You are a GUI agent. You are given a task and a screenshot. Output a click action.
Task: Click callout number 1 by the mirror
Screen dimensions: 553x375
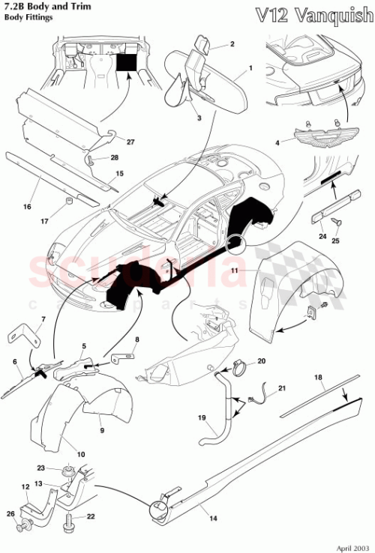pyautogui.click(x=250, y=68)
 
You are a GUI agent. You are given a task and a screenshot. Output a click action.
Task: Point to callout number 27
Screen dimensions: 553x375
pyautogui.click(x=130, y=142)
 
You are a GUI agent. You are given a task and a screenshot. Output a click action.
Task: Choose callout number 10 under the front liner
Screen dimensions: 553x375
pyautogui.click(x=81, y=455)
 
